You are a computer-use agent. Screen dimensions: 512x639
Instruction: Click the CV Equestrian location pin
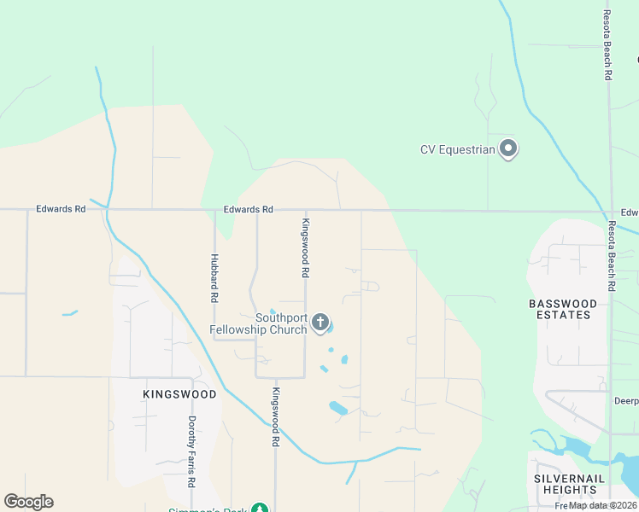[508, 149]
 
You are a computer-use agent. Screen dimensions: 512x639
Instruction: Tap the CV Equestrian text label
[458, 150]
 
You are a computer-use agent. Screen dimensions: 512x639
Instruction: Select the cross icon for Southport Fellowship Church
[319, 322]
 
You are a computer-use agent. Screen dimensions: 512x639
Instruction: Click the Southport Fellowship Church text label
[258, 323]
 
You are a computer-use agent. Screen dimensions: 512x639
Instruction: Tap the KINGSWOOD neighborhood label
[179, 394]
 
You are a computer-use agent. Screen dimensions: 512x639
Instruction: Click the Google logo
[28, 502]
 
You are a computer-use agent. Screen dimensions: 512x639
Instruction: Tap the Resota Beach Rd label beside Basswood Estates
[612, 257]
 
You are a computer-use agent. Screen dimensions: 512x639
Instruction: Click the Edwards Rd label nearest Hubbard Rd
[248, 209]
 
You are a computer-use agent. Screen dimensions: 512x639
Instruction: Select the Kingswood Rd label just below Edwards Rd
[304, 247]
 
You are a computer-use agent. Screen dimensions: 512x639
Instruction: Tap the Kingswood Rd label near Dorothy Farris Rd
[276, 418]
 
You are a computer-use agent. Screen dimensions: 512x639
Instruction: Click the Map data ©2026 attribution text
[603, 505]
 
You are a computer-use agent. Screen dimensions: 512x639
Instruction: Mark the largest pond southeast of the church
[338, 408]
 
